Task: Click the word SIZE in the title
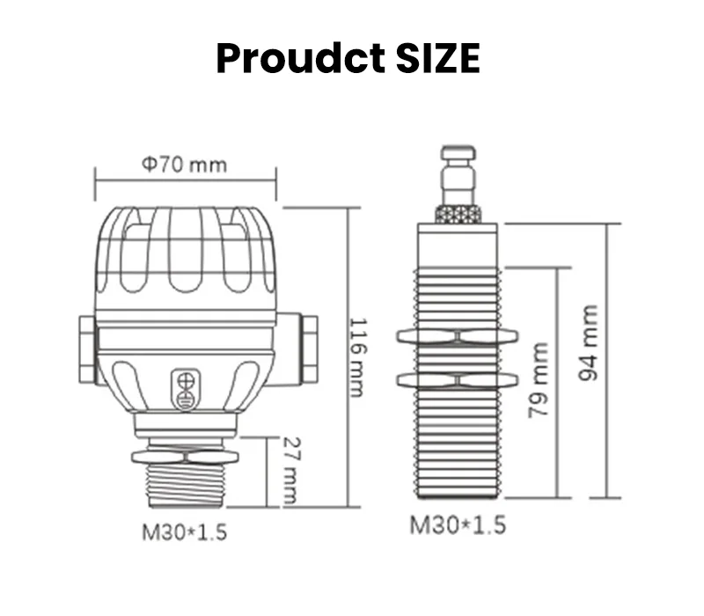coord(437,58)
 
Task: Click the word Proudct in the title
coord(300,58)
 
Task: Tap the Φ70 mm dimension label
coord(185,165)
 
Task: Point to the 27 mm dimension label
coord(290,470)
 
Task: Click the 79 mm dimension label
coord(539,380)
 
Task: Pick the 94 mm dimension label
coord(589,343)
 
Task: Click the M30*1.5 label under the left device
coord(185,533)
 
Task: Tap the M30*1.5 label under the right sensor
coord(458,524)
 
